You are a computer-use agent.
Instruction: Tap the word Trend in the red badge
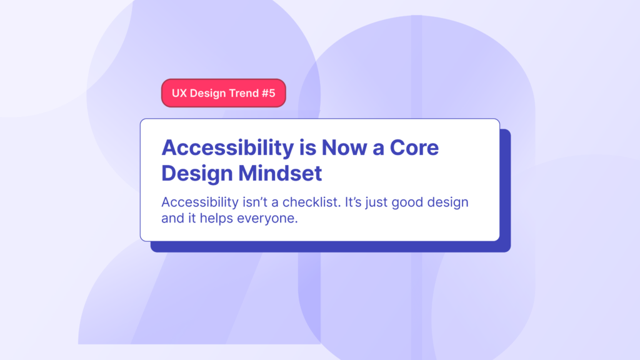[241, 93]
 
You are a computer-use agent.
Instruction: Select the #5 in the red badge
[268, 93]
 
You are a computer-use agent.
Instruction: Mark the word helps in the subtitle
[218, 221]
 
